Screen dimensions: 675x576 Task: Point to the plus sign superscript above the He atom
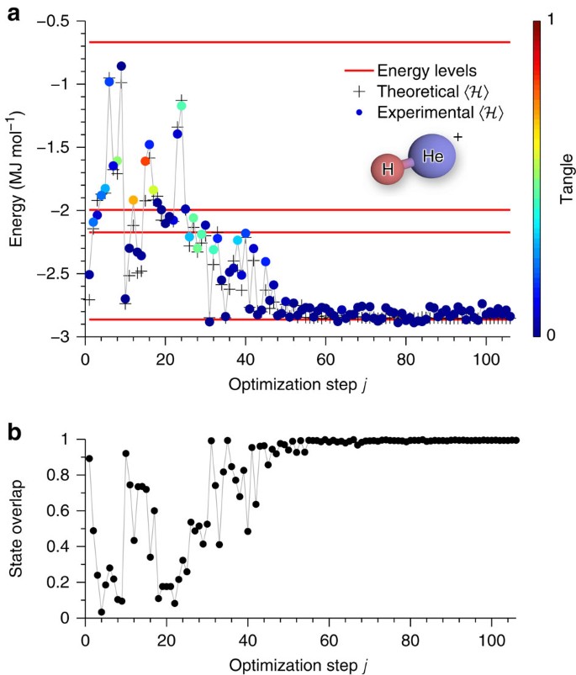point(458,136)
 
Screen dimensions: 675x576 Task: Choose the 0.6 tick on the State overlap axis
point(66,511)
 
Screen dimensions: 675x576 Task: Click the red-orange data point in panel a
point(145,161)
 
